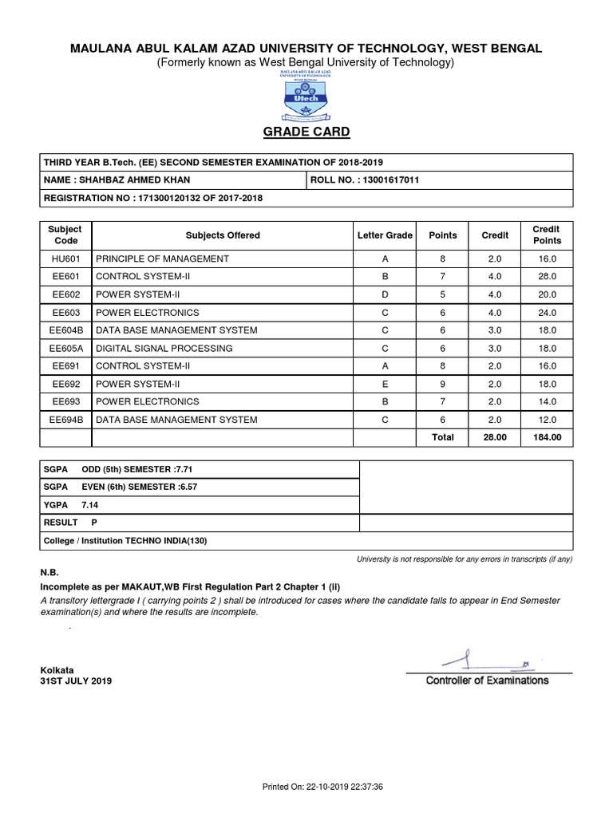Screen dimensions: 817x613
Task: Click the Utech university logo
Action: click(x=306, y=93)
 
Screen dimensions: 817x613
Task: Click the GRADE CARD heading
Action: click(x=306, y=132)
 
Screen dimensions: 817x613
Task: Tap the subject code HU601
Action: click(x=65, y=259)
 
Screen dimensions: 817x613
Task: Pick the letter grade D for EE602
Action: click(x=385, y=294)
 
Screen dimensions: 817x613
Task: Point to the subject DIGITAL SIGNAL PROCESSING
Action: click(x=164, y=348)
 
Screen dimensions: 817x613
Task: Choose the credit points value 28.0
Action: click(x=547, y=277)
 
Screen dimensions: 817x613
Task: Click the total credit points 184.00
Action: click(x=547, y=437)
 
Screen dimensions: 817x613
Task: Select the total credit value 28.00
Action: click(x=495, y=437)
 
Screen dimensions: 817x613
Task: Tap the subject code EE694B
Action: click(x=65, y=419)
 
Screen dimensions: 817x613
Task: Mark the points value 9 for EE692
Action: click(x=443, y=384)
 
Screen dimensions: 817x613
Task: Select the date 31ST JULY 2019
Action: click(x=77, y=681)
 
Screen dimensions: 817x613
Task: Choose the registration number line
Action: click(x=152, y=198)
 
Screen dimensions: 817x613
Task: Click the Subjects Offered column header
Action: click(x=223, y=235)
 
